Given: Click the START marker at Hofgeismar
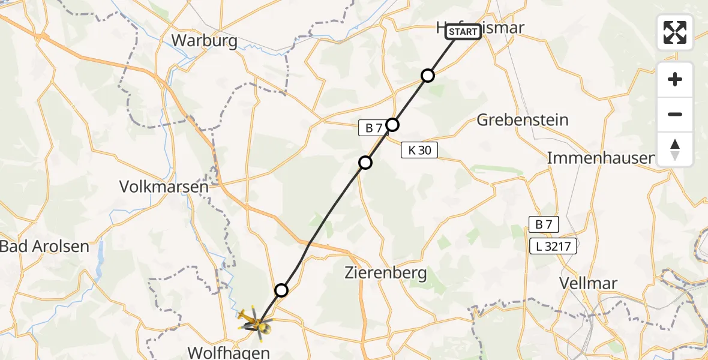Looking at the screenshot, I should tap(463, 31).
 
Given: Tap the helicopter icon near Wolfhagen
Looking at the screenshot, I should tap(256, 323).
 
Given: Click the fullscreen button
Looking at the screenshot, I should tap(675, 32).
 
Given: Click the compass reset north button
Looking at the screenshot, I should tap(675, 149).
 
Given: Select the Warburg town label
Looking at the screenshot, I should tap(204, 41).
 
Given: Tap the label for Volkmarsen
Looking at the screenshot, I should tap(164, 187).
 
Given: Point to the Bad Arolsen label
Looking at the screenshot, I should tap(44, 246).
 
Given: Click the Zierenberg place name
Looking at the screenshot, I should tap(386, 274).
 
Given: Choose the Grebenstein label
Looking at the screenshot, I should tap(522, 119).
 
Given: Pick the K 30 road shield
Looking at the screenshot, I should tap(419, 151).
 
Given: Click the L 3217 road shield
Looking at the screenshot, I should tap(553, 245).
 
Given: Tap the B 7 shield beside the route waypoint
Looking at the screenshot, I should tap(373, 127).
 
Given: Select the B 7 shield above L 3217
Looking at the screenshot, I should tap(543, 224).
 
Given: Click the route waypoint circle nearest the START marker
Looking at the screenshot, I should tap(427, 76).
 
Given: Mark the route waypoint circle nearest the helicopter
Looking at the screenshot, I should tap(281, 291).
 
